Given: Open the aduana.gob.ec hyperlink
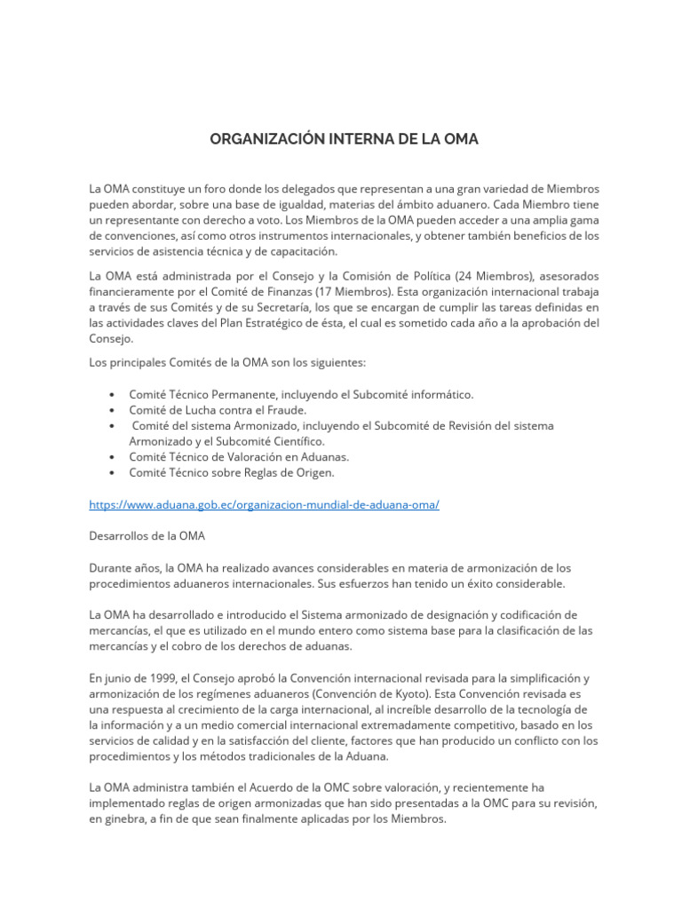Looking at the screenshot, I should pyautogui.click(x=264, y=504).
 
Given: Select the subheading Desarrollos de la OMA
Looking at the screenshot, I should pyautogui.click(x=147, y=536).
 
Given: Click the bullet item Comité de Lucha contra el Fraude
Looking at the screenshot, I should pyautogui.click(x=218, y=410).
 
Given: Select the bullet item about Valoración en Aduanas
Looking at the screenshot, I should pyautogui.click(x=239, y=456).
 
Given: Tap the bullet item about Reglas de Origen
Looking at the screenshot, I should pyautogui.click(x=231, y=472).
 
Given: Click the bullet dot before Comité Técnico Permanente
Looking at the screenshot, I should pyautogui.click(x=109, y=394).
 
